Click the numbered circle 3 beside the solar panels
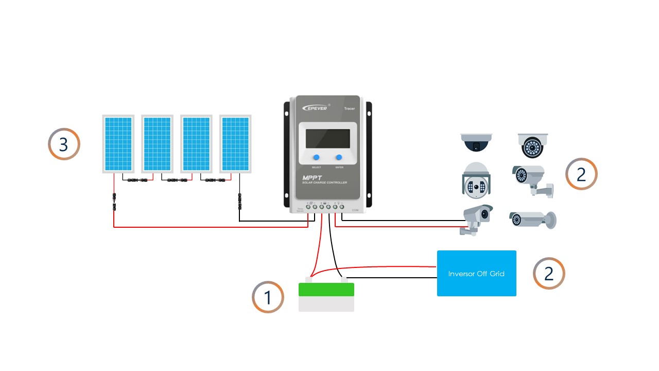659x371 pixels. pos(64,144)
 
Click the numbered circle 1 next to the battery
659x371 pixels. pos(268,297)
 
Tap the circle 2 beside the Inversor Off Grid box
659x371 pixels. pos(549,273)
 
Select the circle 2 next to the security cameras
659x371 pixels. pos(581,174)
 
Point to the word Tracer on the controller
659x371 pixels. pos(349,109)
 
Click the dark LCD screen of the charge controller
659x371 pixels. pos(328,139)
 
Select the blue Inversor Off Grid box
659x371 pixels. pos(476,273)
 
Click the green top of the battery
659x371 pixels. pos(326,290)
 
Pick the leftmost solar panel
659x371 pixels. pos(118,144)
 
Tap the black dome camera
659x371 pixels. pos(476,142)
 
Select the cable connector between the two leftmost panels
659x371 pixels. pos(137,180)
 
